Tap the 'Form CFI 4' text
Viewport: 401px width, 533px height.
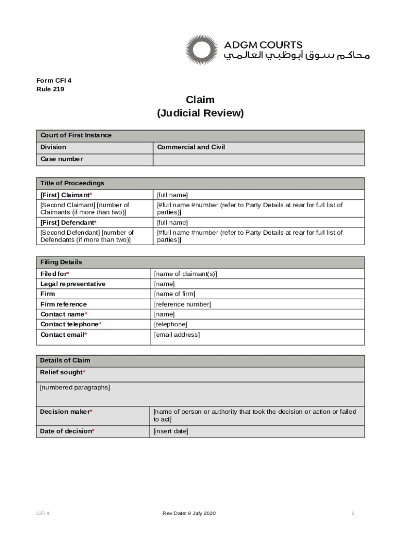tap(54, 80)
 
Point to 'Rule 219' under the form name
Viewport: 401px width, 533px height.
tap(51, 89)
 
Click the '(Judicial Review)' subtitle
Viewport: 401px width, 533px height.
tap(200, 113)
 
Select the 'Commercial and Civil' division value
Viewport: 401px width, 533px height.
tap(191, 147)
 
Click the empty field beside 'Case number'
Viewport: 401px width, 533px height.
tap(258, 159)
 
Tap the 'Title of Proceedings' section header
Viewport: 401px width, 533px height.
tap(72, 183)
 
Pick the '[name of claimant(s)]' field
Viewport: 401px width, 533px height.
tap(185, 274)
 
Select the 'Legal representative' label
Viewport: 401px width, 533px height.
tap(73, 284)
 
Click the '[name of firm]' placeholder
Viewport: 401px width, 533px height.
tap(174, 294)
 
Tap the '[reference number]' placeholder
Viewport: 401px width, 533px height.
tap(182, 304)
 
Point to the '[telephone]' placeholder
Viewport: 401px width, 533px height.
tap(170, 324)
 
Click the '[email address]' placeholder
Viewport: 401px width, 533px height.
tap(177, 335)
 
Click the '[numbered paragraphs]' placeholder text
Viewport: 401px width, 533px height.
tap(75, 388)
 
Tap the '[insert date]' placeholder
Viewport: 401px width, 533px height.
tap(171, 431)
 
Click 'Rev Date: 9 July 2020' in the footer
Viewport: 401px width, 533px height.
tap(189, 514)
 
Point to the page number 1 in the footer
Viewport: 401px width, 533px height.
tap(353, 514)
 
